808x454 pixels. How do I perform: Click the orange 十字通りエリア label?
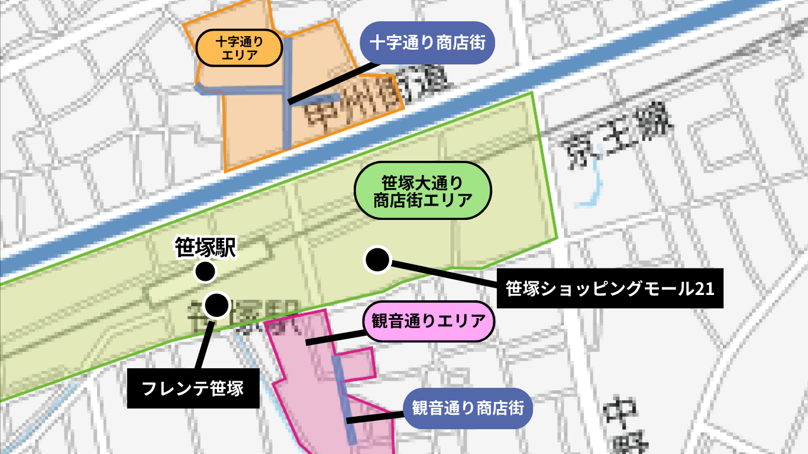[x=238, y=48]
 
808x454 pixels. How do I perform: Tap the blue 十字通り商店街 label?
[x=427, y=43]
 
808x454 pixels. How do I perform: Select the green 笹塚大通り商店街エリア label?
[x=422, y=190]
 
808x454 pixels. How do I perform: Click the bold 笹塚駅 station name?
[x=205, y=248]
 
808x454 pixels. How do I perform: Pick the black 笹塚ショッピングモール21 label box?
[x=610, y=289]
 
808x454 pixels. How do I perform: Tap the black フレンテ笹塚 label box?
[x=193, y=388]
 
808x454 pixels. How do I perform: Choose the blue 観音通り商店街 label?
[x=468, y=408]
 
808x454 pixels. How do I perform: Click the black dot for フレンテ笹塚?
[x=216, y=305]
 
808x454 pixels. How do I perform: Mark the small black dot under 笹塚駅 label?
[x=205, y=272]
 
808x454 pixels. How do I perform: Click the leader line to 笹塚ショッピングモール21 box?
[x=444, y=273]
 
